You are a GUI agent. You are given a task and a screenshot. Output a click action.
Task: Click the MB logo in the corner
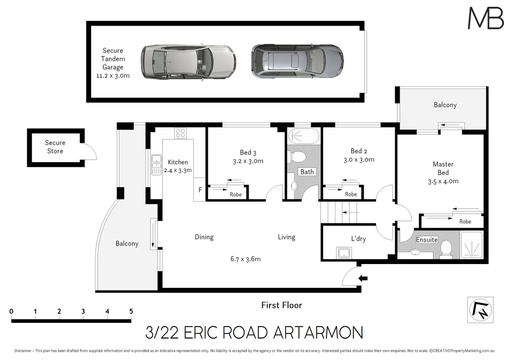486,18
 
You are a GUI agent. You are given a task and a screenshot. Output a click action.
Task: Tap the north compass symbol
480,310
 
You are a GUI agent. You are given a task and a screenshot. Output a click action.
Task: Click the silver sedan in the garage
188,62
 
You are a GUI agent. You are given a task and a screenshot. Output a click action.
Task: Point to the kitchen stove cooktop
180,133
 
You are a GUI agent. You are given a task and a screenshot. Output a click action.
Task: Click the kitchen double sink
156,165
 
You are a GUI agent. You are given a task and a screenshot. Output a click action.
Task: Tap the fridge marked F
200,190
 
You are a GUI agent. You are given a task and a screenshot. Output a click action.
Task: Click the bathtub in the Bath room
303,136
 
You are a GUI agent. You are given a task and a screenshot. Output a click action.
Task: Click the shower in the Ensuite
471,245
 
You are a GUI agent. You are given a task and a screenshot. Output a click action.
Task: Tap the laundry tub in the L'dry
344,253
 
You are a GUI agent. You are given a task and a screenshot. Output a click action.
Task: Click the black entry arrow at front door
363,278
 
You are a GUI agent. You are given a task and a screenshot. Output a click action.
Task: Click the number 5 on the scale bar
131,311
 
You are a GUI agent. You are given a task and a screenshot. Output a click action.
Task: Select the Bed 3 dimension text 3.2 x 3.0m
248,161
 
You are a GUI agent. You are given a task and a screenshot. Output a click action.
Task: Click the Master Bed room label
443,168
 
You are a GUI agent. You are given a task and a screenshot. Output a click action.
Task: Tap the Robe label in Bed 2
351,194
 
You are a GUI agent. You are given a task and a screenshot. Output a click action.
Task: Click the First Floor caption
282,305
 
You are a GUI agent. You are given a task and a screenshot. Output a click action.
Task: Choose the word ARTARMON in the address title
318,333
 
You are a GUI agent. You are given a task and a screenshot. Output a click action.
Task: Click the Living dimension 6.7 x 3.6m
245,259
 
